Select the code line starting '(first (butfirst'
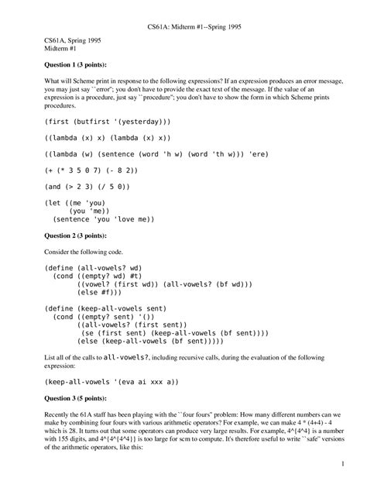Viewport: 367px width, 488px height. pyautogui.click(x=108, y=122)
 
